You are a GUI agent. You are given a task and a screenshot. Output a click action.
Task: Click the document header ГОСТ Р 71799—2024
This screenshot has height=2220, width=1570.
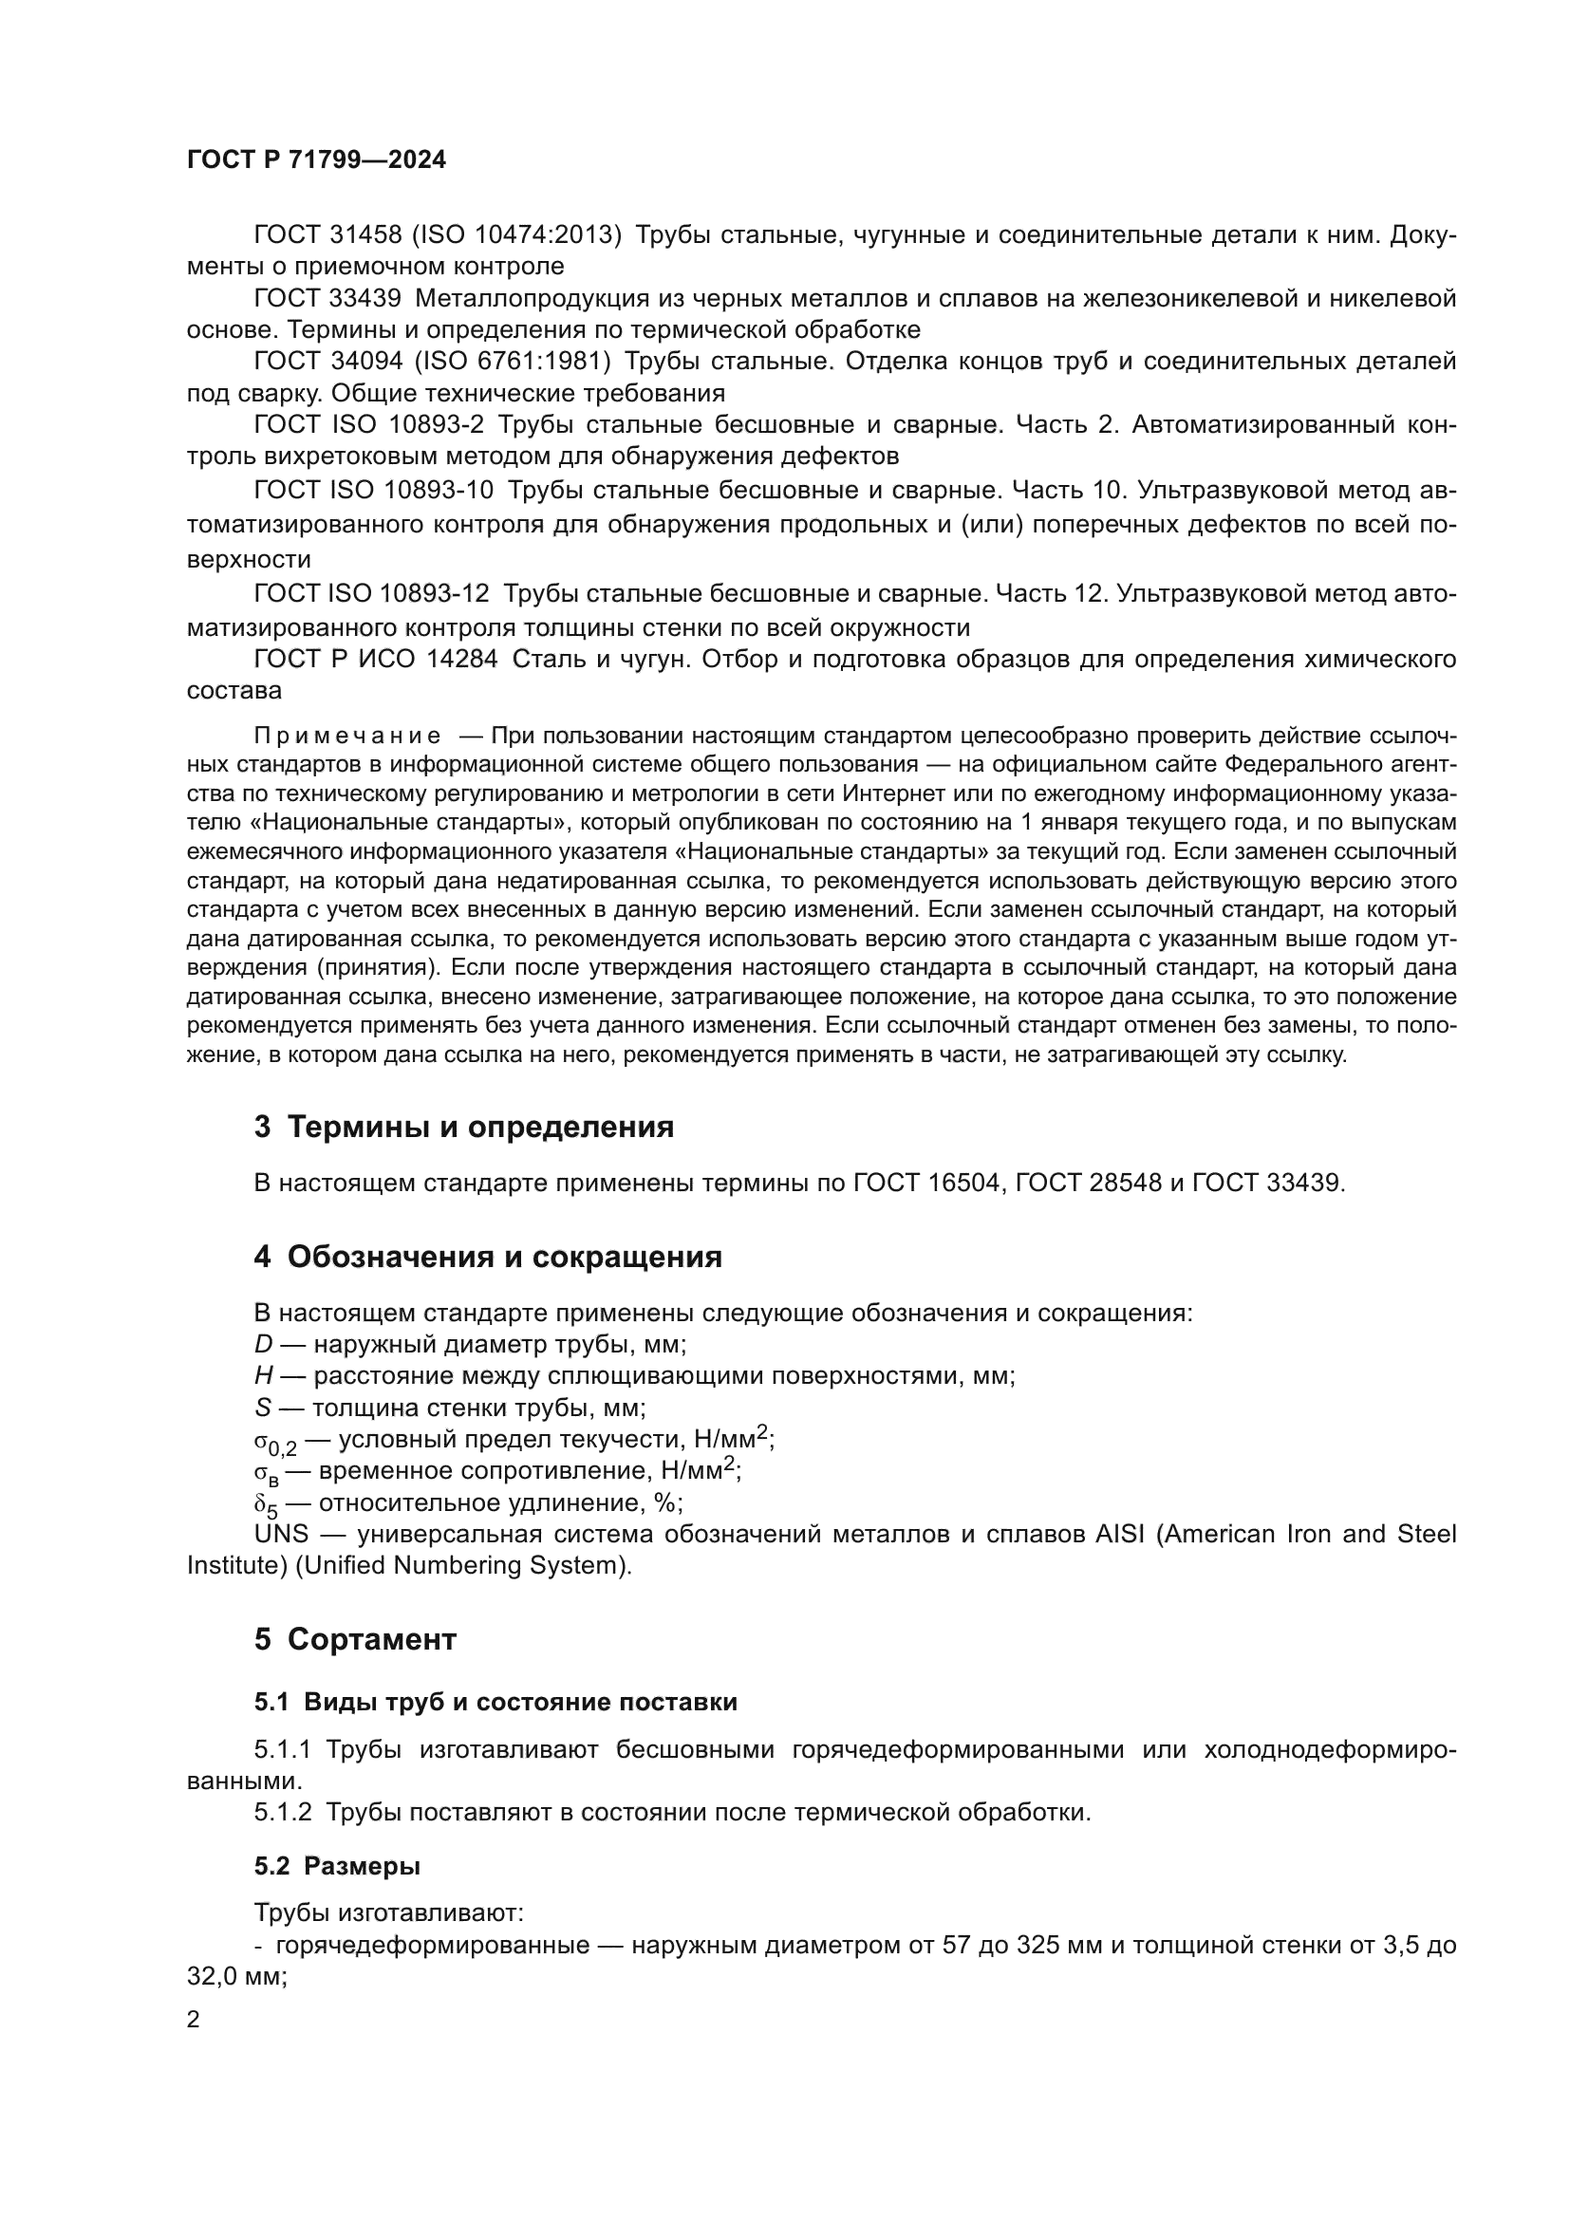point(316,160)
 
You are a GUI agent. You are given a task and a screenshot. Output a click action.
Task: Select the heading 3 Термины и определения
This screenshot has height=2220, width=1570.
point(464,1127)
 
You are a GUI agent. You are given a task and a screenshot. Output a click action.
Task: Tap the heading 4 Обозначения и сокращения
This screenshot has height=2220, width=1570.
point(488,1257)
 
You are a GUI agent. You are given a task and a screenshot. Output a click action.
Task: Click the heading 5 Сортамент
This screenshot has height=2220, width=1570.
point(355,1639)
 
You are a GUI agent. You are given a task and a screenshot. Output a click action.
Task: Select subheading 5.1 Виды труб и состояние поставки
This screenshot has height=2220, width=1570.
point(495,1702)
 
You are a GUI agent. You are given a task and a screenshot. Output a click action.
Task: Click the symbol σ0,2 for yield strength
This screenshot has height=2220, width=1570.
point(274,1443)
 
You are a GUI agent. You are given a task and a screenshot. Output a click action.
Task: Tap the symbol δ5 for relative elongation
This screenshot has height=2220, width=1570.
point(266,1504)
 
